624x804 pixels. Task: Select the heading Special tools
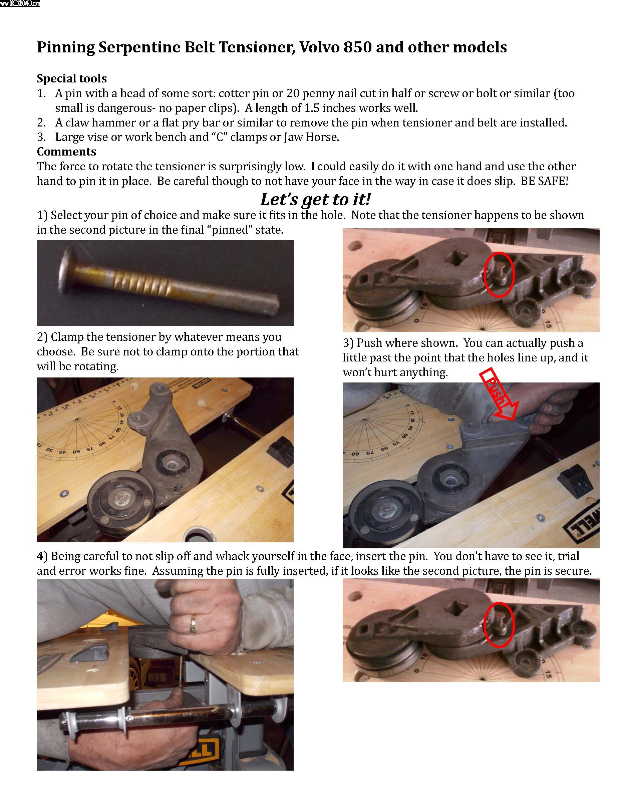point(72,78)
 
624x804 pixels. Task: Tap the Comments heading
point(67,152)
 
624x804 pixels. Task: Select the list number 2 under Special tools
point(41,122)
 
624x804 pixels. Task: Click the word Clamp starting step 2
point(67,337)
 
